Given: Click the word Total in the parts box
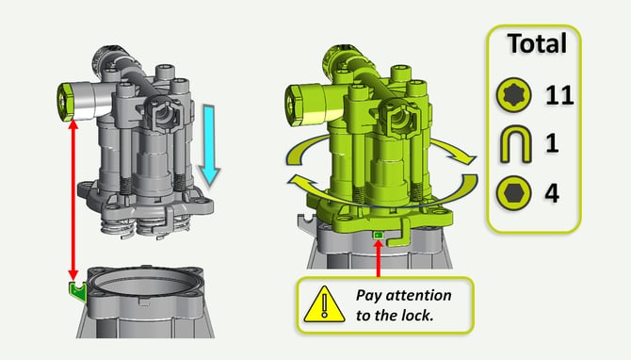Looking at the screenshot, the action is tap(537, 43).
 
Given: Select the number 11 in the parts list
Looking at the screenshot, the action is tap(559, 95).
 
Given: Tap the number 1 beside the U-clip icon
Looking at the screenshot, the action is tap(552, 142).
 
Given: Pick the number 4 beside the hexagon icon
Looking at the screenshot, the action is tap(552, 193).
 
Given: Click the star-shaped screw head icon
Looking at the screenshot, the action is tap(513, 95).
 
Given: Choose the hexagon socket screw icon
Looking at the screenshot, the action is tap(513, 193).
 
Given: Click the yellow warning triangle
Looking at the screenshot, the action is tap(324, 304).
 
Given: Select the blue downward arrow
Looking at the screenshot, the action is tap(210, 145).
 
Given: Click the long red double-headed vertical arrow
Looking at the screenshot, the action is tap(73, 200).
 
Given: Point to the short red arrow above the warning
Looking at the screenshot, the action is tap(379, 258).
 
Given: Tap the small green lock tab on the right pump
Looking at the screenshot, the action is tap(379, 235).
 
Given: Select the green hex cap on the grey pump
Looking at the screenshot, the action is tap(64, 102).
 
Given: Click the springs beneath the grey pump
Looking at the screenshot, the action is tap(145, 228).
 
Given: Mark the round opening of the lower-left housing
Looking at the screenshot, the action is tap(145, 285).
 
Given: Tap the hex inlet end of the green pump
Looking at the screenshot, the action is tap(294, 105).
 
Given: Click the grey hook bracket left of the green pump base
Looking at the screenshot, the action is tap(304, 222).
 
